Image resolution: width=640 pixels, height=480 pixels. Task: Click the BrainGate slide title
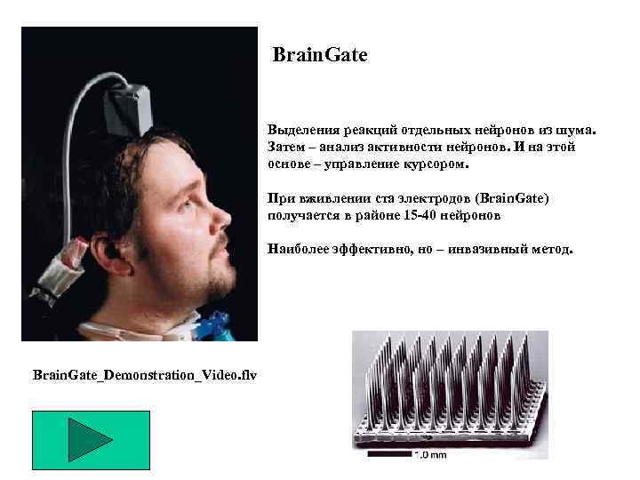(x=320, y=56)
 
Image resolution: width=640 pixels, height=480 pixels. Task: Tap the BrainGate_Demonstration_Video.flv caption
(x=143, y=375)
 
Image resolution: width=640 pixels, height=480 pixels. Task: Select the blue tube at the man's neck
(x=219, y=328)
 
